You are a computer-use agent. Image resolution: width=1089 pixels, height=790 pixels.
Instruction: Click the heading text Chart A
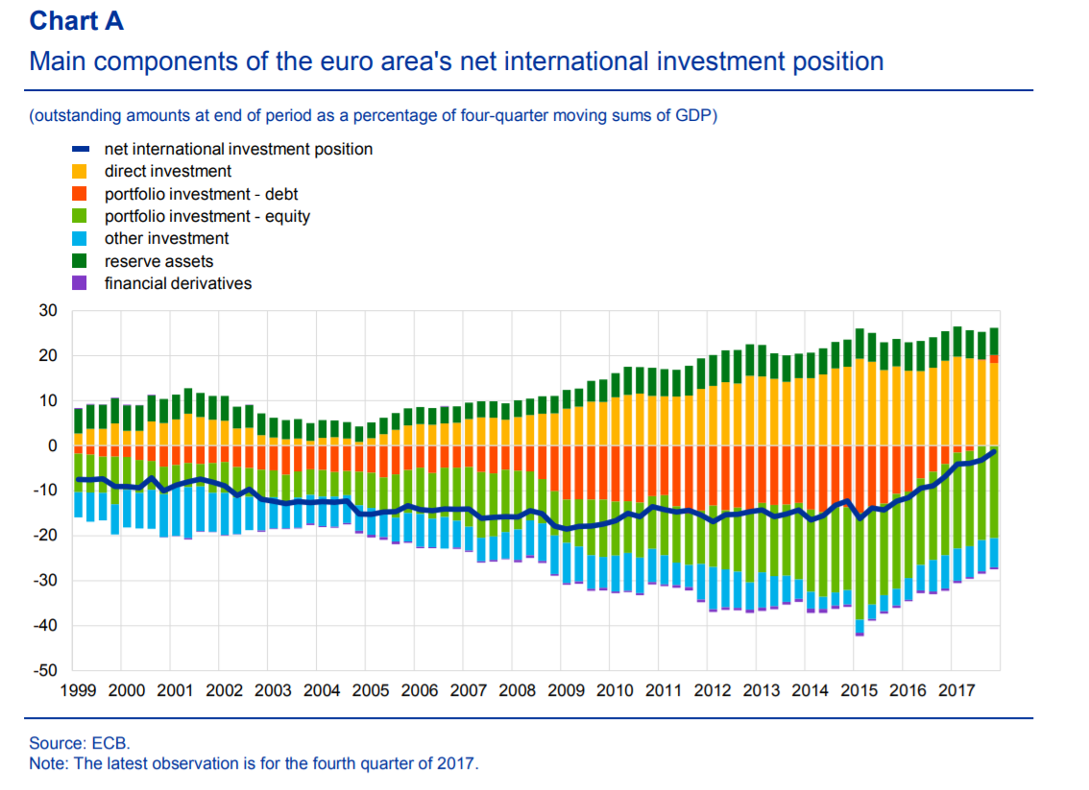(x=76, y=21)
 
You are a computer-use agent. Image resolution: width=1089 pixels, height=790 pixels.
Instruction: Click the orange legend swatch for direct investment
(x=81, y=172)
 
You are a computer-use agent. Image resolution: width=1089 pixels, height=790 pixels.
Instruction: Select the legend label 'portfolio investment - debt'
(x=201, y=194)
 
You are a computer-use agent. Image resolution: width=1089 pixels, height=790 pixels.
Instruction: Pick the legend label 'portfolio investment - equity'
(x=206, y=216)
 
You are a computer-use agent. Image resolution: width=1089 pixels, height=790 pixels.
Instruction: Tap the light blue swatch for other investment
(x=81, y=239)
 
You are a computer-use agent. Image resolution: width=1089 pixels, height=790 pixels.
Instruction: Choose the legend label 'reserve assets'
(x=158, y=261)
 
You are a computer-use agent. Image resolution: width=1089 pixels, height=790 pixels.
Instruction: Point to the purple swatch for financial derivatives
(x=81, y=283)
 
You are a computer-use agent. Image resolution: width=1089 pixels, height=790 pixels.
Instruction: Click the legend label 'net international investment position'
(x=238, y=149)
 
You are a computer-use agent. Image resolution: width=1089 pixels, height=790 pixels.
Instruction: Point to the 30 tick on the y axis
(x=48, y=311)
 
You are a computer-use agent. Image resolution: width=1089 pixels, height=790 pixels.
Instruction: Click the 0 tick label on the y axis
(x=53, y=445)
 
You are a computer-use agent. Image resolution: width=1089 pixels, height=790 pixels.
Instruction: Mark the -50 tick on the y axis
(x=46, y=671)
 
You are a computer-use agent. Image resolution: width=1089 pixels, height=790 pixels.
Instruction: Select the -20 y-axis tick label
(x=46, y=536)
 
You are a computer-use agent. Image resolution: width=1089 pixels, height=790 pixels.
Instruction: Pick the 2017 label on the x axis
(x=956, y=690)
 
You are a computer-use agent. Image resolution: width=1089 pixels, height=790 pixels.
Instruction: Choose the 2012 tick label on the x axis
(x=712, y=690)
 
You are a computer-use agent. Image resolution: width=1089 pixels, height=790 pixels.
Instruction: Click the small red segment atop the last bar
(x=994, y=358)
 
